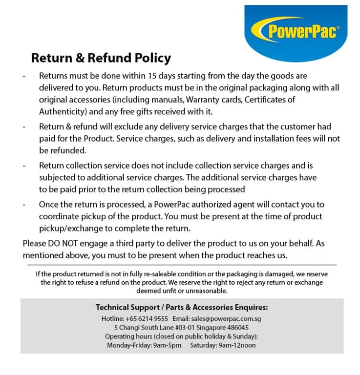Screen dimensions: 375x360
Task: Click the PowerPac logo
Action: coord(301,32)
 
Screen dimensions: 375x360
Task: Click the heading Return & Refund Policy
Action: coord(101,59)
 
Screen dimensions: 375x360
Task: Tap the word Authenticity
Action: coord(61,111)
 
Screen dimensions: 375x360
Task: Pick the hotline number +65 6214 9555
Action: coord(148,318)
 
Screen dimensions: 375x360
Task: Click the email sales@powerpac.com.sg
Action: coord(223,318)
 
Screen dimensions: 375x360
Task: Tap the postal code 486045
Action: coord(236,327)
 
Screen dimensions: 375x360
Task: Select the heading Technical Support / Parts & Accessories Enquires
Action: coord(182,308)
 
